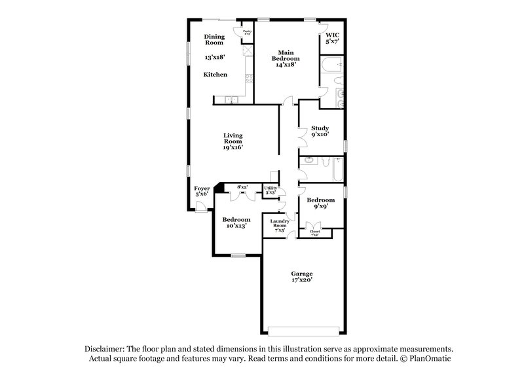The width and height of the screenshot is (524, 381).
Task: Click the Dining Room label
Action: click(x=214, y=39)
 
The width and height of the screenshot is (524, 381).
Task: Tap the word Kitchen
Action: click(x=215, y=75)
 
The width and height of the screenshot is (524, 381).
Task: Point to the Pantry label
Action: click(x=247, y=31)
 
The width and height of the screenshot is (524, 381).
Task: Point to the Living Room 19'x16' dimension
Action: click(x=233, y=147)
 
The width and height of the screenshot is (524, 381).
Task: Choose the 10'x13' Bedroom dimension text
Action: click(x=236, y=226)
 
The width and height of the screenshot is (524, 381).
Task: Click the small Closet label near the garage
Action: click(x=314, y=232)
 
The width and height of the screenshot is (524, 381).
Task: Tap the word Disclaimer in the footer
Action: click(x=105, y=350)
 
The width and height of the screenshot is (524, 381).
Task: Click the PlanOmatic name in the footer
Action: click(x=431, y=359)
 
